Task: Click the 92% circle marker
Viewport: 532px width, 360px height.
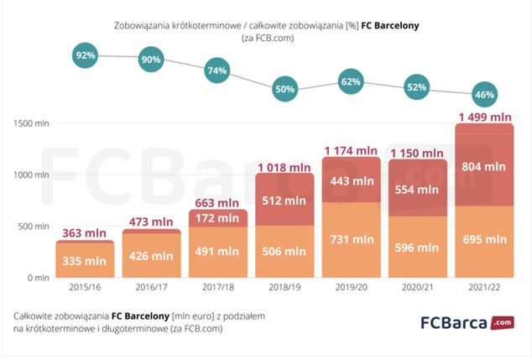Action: (x=86, y=55)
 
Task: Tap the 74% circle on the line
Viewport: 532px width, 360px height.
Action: (x=217, y=70)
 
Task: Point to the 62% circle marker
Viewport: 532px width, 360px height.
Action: (x=350, y=82)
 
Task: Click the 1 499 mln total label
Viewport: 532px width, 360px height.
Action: (x=483, y=117)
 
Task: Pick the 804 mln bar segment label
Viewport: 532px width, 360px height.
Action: (x=484, y=168)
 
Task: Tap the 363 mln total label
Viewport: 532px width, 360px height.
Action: (x=84, y=233)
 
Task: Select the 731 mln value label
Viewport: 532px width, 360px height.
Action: (x=352, y=239)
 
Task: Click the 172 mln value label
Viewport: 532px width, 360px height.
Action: (x=217, y=218)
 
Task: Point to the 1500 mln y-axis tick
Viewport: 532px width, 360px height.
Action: (x=32, y=123)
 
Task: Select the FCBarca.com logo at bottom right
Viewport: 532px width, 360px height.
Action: (x=467, y=322)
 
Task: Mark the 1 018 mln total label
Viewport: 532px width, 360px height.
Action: (x=284, y=167)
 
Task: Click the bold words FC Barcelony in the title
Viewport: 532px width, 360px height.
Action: (x=390, y=26)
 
